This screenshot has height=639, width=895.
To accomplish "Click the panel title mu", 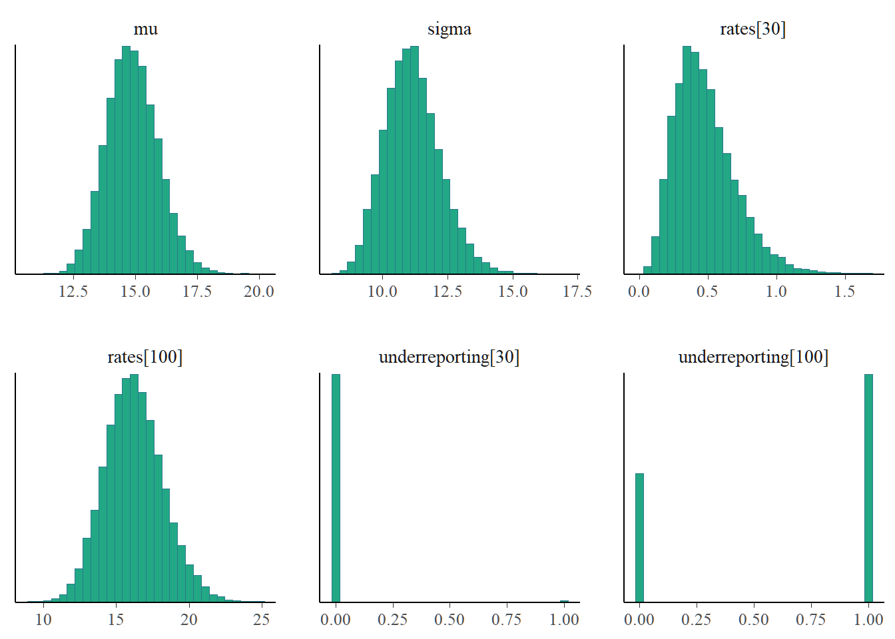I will coord(146,29).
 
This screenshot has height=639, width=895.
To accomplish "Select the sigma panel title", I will coord(449,29).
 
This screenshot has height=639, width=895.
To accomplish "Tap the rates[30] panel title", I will coord(753,29).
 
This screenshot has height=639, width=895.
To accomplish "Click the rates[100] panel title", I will coord(145,357).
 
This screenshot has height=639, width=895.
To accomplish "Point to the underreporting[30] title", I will coord(449,357).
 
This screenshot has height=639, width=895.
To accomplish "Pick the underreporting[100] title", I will coord(753,357).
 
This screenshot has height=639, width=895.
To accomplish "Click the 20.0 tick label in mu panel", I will coord(259,292).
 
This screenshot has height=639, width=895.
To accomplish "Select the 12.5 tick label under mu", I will coord(73,292).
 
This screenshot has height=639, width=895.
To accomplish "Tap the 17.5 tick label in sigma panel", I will coord(577,292).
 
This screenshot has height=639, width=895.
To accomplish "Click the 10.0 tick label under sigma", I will coord(382,292).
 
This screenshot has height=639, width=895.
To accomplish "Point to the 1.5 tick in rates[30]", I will coord(844,292).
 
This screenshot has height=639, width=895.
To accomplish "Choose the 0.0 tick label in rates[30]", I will coord(639,292).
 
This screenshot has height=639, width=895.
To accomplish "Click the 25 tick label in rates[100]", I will coord(262,620).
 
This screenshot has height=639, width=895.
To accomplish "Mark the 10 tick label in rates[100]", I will coord(43,620).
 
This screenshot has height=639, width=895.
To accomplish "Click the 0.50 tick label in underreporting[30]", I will coord(449,620).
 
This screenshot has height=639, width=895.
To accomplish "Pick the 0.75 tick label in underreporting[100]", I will coord(810,620).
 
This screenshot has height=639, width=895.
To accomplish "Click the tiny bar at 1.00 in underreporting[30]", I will coord(564,601).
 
